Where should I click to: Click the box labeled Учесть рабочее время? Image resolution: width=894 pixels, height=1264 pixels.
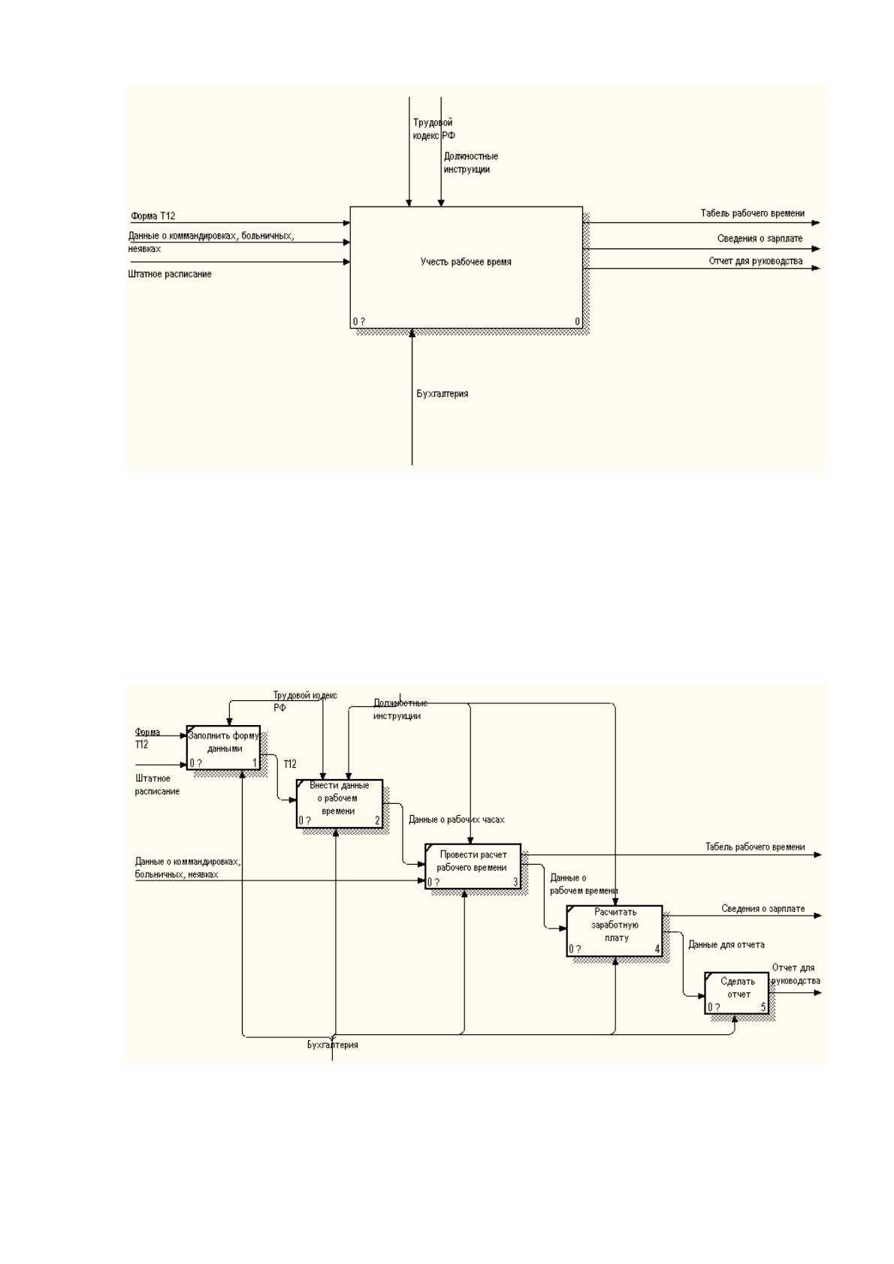pyautogui.click(x=466, y=267)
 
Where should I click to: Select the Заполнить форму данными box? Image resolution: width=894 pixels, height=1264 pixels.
pyautogui.click(x=223, y=748)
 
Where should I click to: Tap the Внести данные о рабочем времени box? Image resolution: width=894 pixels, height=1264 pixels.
pyautogui.click(x=340, y=804)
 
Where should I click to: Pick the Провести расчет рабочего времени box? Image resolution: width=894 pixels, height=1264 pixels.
pyautogui.click(x=473, y=866)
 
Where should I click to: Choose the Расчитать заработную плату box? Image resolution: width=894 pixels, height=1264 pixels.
pyautogui.click(x=614, y=931)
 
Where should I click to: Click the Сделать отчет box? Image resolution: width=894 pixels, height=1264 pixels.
pyautogui.click(x=736, y=993)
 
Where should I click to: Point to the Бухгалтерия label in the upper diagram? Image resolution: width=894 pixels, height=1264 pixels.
pyautogui.click(x=442, y=393)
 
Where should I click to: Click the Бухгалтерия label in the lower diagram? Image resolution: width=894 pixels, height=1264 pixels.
pyautogui.click(x=332, y=1045)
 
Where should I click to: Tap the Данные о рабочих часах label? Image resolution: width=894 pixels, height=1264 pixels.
pyautogui.click(x=456, y=820)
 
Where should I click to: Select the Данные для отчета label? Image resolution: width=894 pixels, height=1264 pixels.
pyautogui.click(x=726, y=944)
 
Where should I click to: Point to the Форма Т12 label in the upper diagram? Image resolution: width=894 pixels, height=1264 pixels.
pyautogui.click(x=153, y=215)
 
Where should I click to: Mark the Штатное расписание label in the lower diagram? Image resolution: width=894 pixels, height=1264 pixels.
pyautogui.click(x=157, y=784)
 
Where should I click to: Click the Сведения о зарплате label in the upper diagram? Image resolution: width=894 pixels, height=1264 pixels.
pyautogui.click(x=760, y=238)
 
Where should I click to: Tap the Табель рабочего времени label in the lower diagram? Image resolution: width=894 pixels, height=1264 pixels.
pyautogui.click(x=754, y=847)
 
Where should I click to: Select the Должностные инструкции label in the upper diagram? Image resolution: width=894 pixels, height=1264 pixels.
pyautogui.click(x=470, y=163)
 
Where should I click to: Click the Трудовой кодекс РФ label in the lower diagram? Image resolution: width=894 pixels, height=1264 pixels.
pyautogui.click(x=305, y=701)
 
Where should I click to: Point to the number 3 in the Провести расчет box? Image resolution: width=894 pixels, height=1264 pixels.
pyautogui.click(x=515, y=882)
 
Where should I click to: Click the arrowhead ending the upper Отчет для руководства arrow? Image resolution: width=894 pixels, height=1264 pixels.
pyautogui.click(x=816, y=268)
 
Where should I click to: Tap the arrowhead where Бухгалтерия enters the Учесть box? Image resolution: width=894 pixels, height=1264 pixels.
pyautogui.click(x=412, y=333)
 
